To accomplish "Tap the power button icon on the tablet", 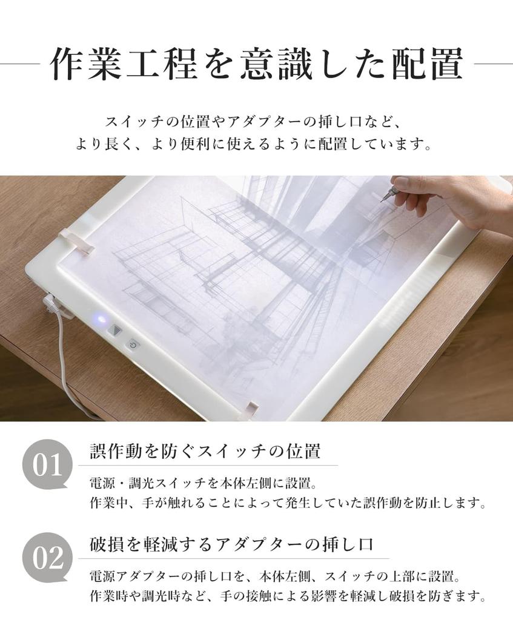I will (x=133, y=345).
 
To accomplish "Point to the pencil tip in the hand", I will (x=382, y=200).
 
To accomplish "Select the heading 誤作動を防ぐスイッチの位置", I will (x=205, y=452).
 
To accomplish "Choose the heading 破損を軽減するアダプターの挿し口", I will (x=231, y=544).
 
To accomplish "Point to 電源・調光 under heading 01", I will (x=119, y=484).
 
